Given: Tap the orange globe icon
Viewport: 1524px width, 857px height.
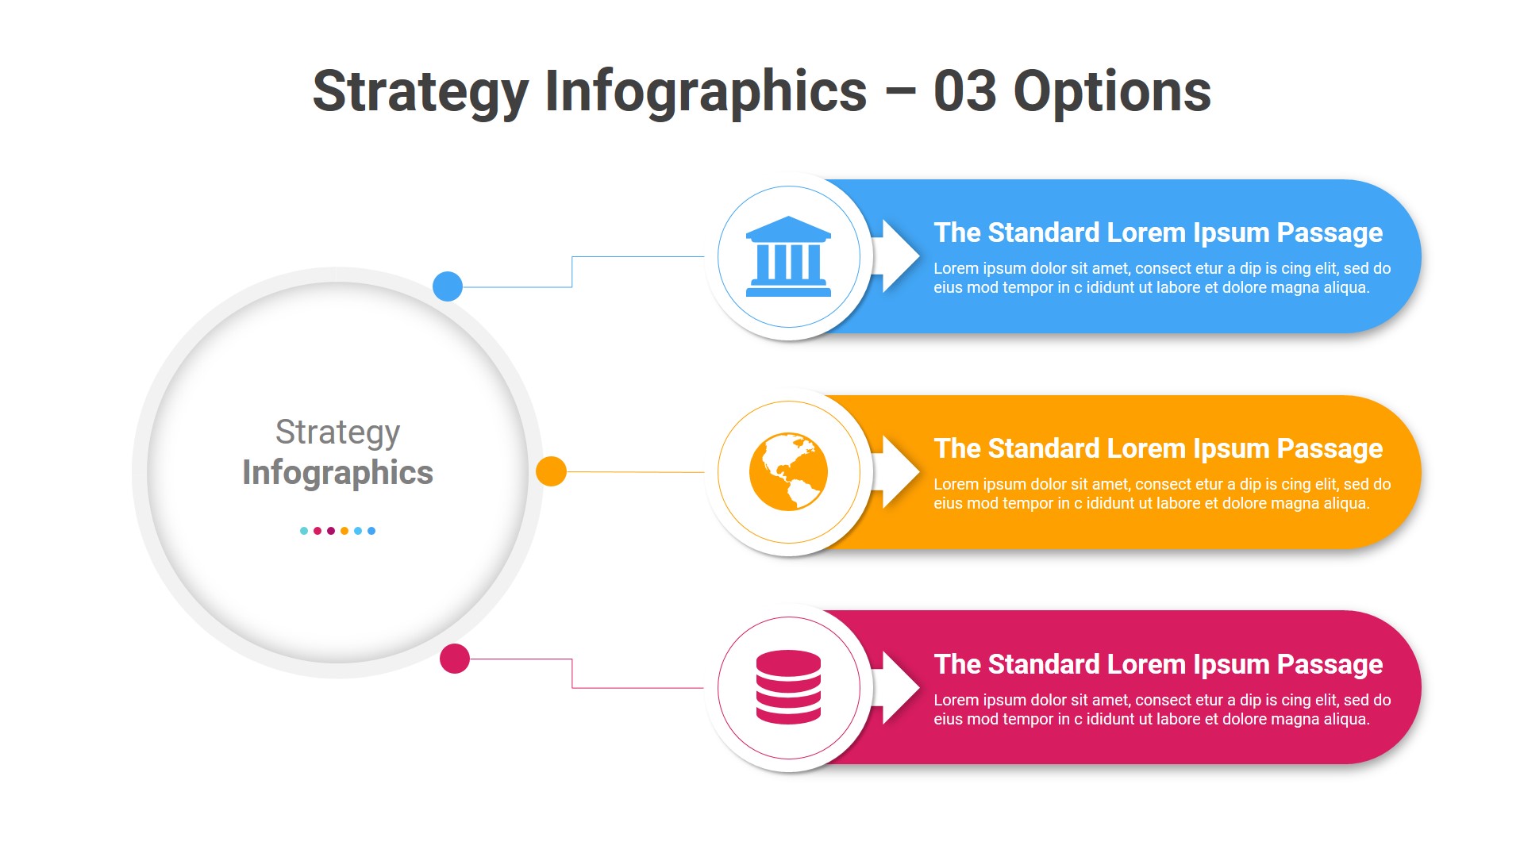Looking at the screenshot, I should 788,471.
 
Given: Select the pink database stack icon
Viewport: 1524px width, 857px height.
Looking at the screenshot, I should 788,687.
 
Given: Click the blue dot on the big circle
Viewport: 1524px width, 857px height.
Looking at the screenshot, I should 448,286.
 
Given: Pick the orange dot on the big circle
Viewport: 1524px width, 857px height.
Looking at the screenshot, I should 551,471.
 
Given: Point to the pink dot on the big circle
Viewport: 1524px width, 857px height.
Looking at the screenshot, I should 455,659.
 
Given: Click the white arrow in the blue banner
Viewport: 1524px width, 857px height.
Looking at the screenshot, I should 897,256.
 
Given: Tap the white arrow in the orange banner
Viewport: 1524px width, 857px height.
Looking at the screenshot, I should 897,471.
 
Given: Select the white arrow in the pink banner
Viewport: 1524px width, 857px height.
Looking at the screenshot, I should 897,687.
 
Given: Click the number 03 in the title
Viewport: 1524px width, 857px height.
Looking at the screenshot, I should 964,91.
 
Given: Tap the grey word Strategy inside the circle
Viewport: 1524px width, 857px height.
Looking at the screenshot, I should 337,432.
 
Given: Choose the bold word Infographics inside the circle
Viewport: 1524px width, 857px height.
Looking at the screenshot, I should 337,473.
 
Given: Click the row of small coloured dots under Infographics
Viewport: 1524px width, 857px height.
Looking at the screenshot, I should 337,531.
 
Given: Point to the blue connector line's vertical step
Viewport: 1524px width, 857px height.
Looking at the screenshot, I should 572,272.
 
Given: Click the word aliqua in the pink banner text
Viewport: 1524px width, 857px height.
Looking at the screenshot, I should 1345,720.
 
